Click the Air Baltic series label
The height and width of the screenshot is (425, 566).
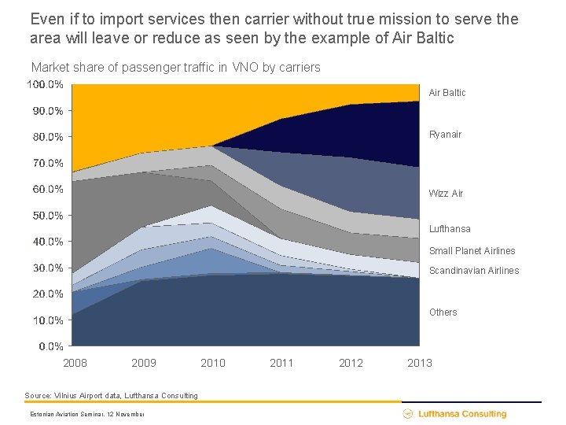coord(447,93)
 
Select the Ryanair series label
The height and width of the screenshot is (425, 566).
coord(445,135)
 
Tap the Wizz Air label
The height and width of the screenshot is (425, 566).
coord(446,194)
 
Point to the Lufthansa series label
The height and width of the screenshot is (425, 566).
coord(450,229)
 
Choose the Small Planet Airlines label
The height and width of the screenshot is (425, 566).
coord(472,251)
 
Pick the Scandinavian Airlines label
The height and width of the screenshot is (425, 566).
coord(473,271)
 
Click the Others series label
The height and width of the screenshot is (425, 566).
coord(443,312)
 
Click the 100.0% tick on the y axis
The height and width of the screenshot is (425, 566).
coord(46,84)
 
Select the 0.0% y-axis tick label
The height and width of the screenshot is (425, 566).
coord(50,346)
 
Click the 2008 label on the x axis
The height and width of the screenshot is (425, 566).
coord(75,363)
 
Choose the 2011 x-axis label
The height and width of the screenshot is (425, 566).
coord(281,363)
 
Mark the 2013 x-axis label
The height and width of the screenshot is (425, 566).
coord(420,363)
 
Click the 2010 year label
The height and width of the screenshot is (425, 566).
coord(212,363)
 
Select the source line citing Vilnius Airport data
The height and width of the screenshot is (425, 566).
coord(112,395)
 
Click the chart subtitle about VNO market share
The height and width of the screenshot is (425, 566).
coord(175,68)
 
